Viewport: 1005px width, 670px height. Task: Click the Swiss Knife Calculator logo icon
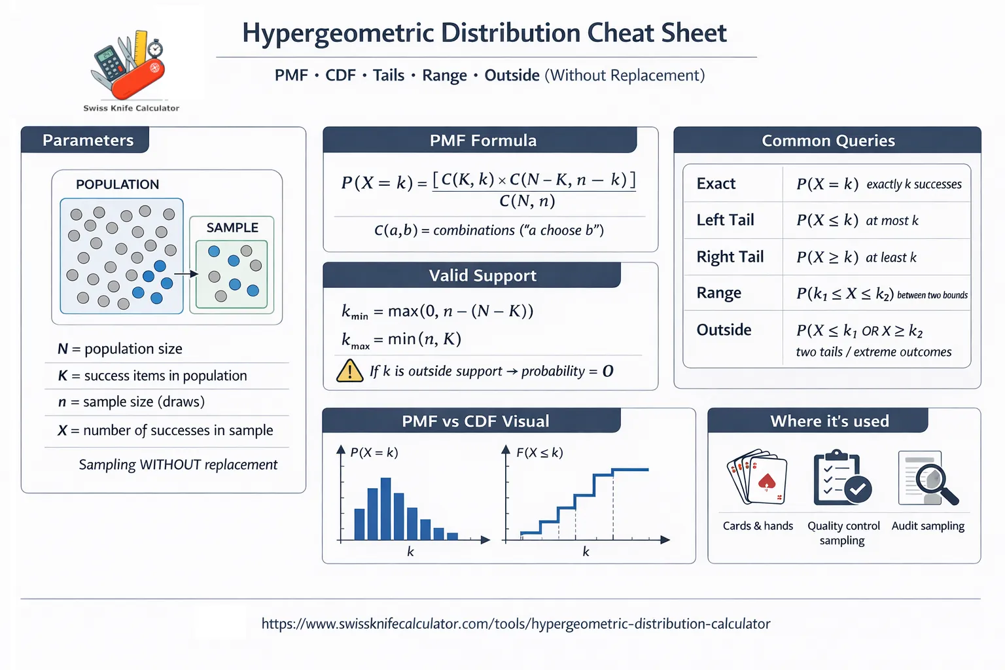pos(129,65)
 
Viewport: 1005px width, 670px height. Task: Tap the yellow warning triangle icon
pos(349,371)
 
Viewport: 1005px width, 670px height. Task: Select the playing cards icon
pos(757,477)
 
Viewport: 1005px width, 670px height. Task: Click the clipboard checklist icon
pos(841,478)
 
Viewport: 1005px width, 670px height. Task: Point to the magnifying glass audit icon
pos(928,478)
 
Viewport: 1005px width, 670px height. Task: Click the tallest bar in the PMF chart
pos(385,508)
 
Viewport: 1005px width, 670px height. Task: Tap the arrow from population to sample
pos(186,273)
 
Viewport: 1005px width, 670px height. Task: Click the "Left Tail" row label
pos(725,220)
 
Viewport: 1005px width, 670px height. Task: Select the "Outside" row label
pos(724,330)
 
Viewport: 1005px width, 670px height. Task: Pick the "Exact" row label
pos(716,184)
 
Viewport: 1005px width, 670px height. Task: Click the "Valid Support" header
pos(482,275)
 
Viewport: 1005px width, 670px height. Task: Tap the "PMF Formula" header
pos(483,141)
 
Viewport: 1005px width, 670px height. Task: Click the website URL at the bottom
pos(516,624)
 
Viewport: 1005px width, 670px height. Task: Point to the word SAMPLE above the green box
pos(232,228)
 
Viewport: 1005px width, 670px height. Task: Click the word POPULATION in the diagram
pos(117,185)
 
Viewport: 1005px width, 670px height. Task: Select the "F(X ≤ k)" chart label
pos(539,453)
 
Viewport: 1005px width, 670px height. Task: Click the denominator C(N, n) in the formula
pos(527,201)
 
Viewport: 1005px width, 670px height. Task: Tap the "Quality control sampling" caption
pos(843,533)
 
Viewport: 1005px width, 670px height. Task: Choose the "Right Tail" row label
pos(730,256)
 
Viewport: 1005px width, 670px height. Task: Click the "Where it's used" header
pos(829,421)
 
